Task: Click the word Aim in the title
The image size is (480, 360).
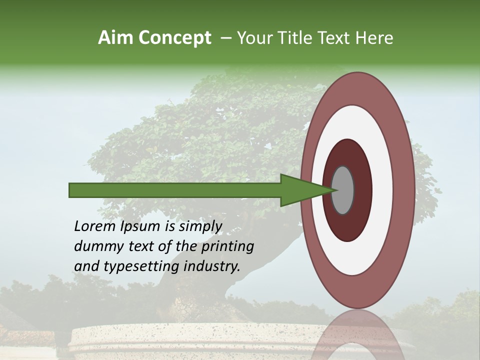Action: [x=116, y=38]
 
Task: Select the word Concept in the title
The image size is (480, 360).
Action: [x=175, y=38]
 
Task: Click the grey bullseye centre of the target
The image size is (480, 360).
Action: [x=343, y=190]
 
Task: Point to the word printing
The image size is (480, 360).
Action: [x=227, y=246]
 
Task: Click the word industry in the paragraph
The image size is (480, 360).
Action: [x=212, y=266]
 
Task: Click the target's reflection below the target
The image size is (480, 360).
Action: [x=358, y=335]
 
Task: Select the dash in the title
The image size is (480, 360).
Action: [x=225, y=38]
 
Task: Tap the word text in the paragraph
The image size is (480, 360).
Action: [x=141, y=246]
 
